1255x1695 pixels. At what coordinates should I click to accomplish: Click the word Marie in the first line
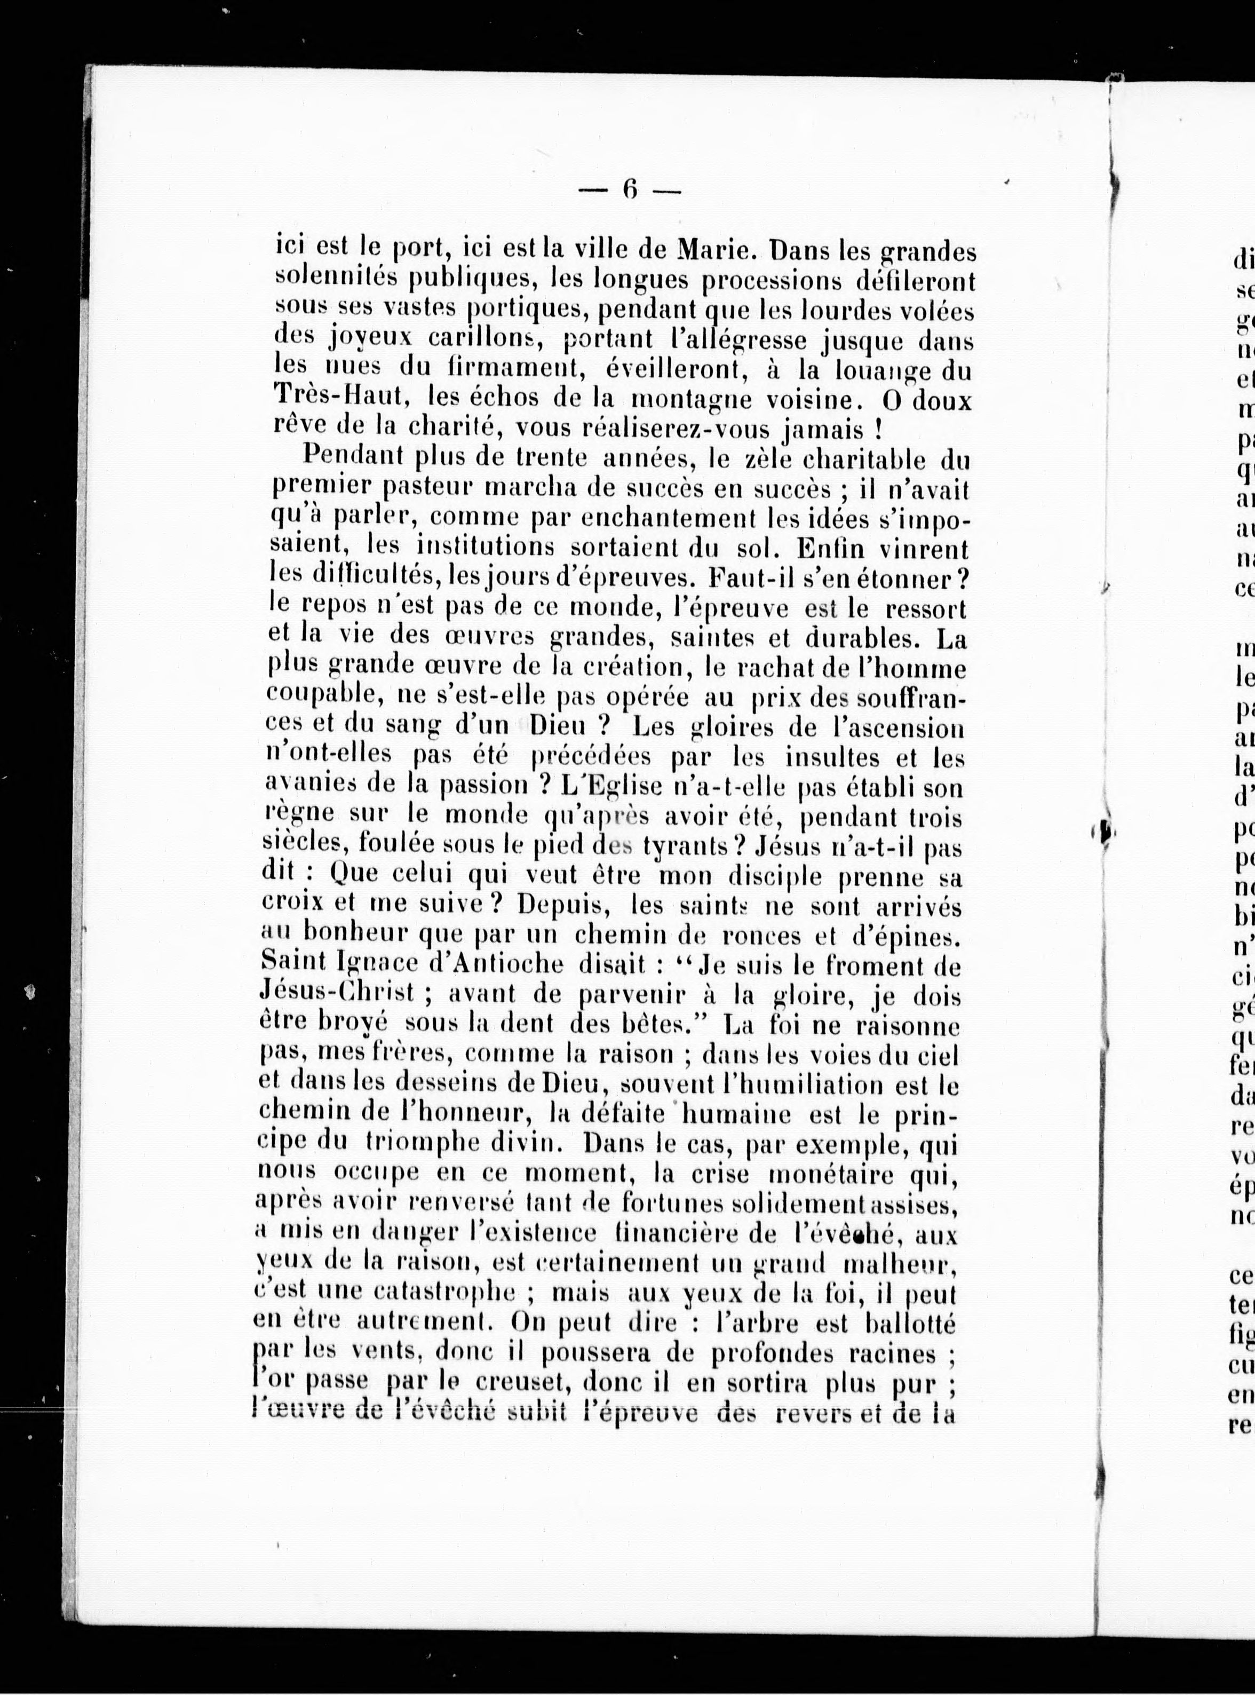(721, 249)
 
